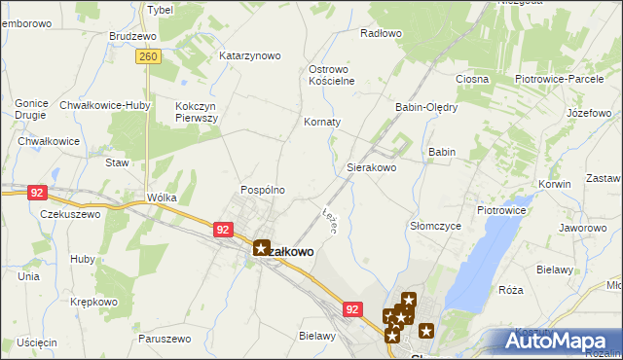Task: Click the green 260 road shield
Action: coord(148,58)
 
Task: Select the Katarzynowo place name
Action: coord(250,55)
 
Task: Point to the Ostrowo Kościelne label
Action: coord(331,75)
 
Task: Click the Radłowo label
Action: coord(381,33)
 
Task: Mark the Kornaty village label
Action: coord(323,123)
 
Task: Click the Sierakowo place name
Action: coord(372,167)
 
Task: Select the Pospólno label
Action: coord(263,190)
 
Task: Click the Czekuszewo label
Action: coord(70,214)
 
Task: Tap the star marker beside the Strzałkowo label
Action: coord(261,248)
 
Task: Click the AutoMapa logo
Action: coord(558,342)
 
